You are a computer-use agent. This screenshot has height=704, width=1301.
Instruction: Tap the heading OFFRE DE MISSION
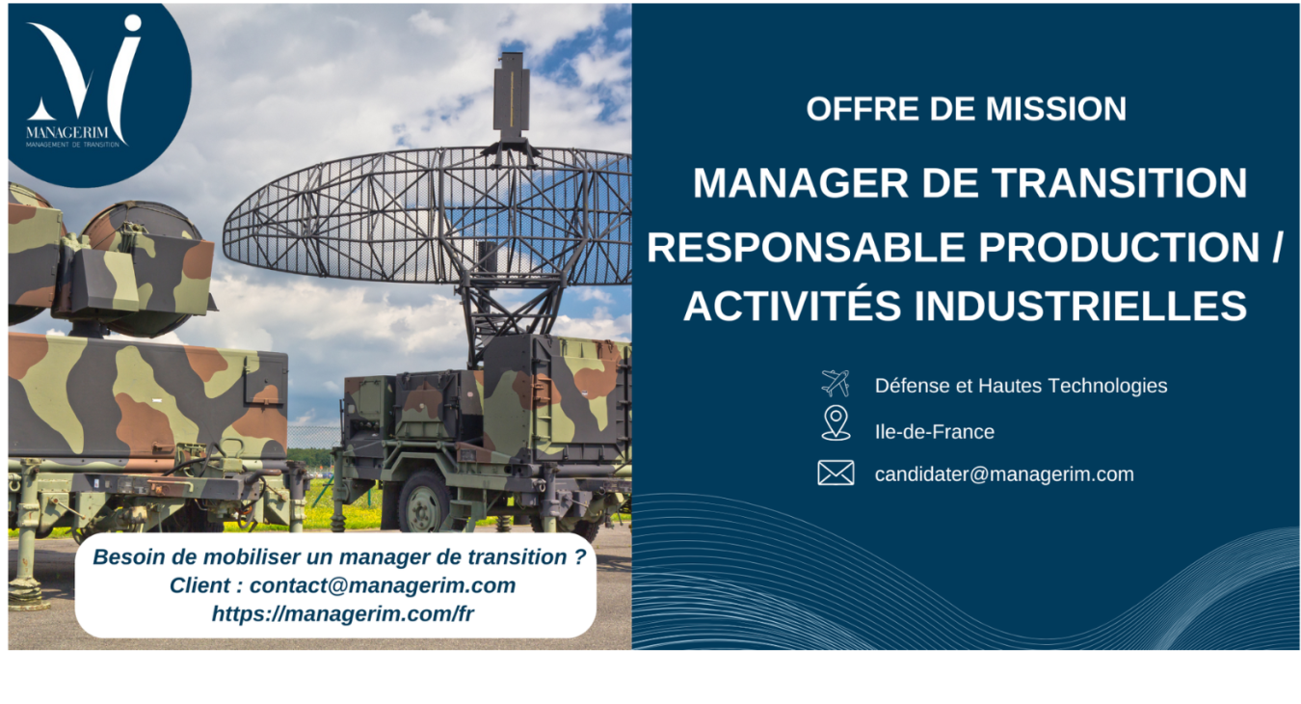(x=966, y=109)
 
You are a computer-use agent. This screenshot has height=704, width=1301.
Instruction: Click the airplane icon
(x=835, y=384)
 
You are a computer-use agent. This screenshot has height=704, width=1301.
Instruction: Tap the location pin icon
(x=836, y=423)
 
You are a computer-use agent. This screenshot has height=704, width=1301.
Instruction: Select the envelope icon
(x=836, y=473)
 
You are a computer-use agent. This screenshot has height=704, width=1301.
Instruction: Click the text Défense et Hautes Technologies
(x=1021, y=386)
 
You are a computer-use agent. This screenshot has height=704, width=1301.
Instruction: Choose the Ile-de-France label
(x=934, y=432)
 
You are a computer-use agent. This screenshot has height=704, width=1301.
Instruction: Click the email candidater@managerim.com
(x=1003, y=474)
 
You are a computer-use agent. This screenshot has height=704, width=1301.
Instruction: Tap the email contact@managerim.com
(x=383, y=585)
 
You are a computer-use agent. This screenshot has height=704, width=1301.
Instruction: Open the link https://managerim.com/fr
(x=343, y=613)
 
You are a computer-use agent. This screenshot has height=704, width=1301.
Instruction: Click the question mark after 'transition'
(x=578, y=557)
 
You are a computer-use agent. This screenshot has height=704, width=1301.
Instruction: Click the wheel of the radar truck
(x=423, y=501)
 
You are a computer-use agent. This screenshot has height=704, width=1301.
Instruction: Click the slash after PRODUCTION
(x=1277, y=248)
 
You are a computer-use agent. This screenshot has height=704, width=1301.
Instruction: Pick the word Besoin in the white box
(x=126, y=557)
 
